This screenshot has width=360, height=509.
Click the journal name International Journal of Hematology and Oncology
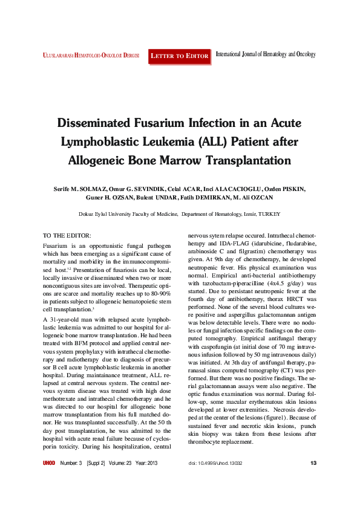coord(266,54)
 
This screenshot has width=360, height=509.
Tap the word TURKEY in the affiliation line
coord(269,214)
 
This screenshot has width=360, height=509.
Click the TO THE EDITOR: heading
coord(67,235)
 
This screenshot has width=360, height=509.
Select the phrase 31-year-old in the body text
coord(66,318)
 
